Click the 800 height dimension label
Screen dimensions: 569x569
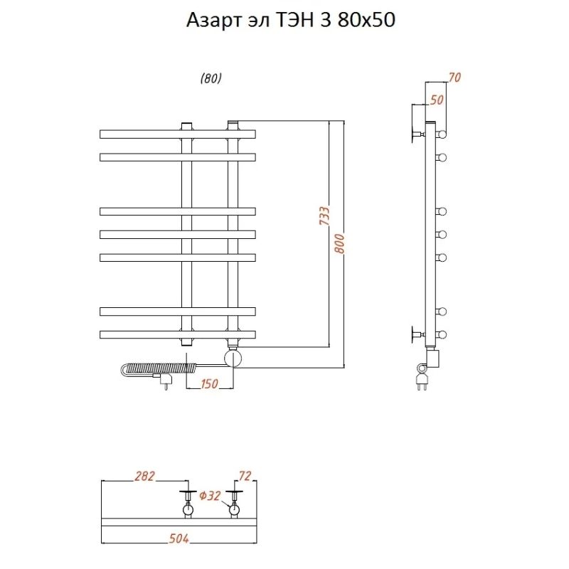[x=339, y=245]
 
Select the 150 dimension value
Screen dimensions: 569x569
[x=208, y=384]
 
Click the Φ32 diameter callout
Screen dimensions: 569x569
[x=211, y=496]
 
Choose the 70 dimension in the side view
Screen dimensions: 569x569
[x=454, y=78]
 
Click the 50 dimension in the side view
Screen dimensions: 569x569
[x=436, y=100]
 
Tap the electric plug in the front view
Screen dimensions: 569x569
[x=166, y=383]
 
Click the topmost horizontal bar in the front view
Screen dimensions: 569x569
[x=177, y=134]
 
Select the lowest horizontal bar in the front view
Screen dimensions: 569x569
[x=177, y=334]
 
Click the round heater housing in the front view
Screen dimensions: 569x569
[x=233, y=356]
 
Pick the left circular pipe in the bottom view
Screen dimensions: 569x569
[x=188, y=509]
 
